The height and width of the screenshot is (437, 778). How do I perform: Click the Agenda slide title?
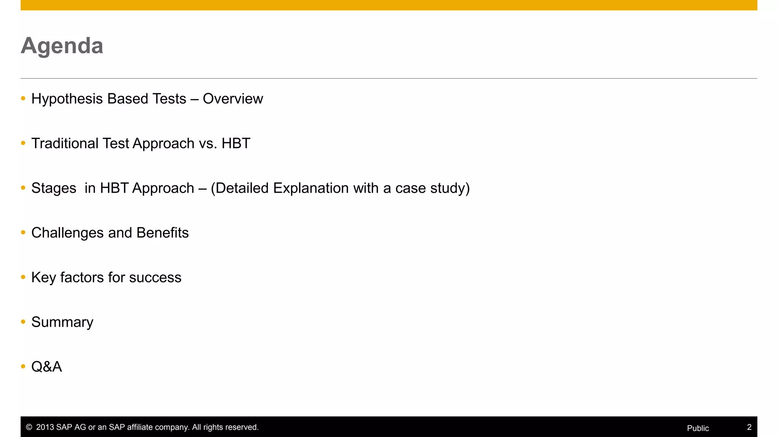click(62, 46)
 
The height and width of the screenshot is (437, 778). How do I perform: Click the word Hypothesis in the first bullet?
click(67, 99)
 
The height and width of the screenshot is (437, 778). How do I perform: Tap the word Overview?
click(233, 99)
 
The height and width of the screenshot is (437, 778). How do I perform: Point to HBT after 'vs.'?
click(236, 144)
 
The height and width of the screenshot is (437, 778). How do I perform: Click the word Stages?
click(54, 189)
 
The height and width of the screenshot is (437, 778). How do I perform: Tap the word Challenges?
click(67, 233)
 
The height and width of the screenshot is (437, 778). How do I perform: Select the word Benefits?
click(163, 233)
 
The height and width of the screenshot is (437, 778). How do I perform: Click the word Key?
click(44, 278)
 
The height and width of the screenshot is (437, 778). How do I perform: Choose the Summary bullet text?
click(62, 322)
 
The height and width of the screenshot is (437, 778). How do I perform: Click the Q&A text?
click(46, 367)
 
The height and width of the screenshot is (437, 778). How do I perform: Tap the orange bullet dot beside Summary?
click(23, 322)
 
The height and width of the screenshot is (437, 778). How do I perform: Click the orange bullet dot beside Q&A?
click(23, 366)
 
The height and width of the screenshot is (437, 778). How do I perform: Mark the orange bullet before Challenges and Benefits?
click(23, 233)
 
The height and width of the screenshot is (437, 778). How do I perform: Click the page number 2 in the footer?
click(749, 427)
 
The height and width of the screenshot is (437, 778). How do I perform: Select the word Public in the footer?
click(698, 428)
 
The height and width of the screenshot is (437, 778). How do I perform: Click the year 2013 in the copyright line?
click(45, 427)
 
